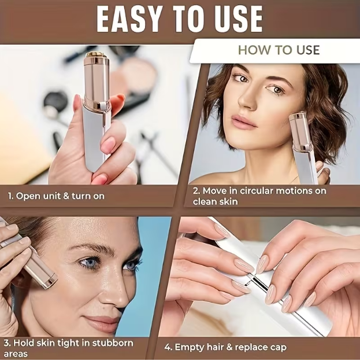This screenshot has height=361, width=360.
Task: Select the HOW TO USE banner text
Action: tap(279, 50)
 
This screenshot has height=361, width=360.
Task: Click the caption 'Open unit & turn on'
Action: tap(56, 196)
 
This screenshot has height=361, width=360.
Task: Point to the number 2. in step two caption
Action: tap(196, 190)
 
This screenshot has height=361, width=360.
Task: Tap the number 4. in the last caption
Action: tap(168, 348)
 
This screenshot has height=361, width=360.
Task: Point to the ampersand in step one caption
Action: tap(63, 196)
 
